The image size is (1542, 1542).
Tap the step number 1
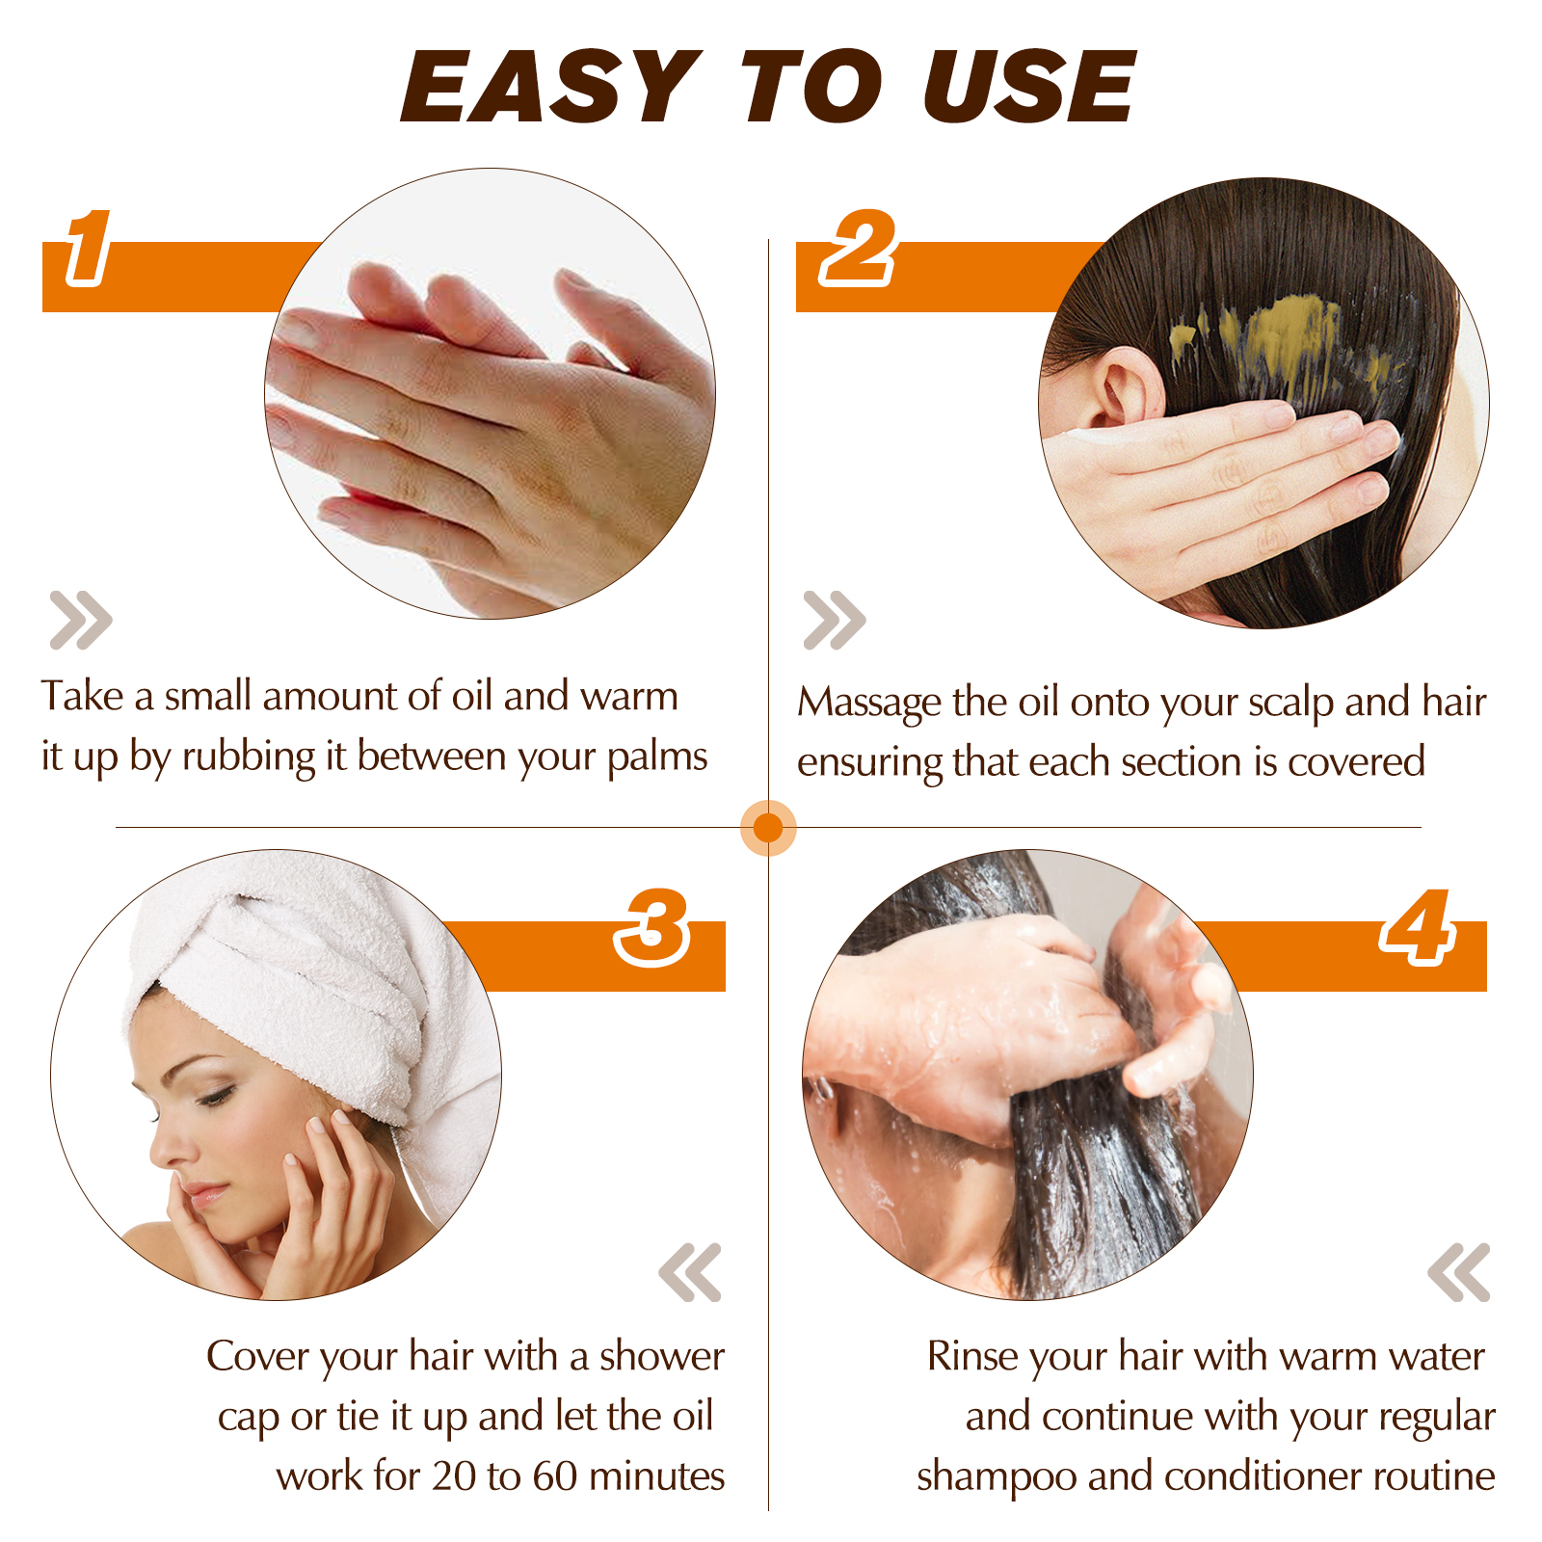coord(88,249)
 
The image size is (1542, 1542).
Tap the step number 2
coord(858,249)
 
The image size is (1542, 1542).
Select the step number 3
coord(652,927)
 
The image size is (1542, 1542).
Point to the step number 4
coord(1417,927)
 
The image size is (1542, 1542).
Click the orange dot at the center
coord(768,827)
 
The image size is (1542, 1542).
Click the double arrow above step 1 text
coord(81,620)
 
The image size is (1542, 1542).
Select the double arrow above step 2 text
coord(835,620)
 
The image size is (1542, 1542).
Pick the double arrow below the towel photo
coord(690,1272)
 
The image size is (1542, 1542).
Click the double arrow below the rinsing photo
coord(1459,1272)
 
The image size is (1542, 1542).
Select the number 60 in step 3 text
coord(554,1476)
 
